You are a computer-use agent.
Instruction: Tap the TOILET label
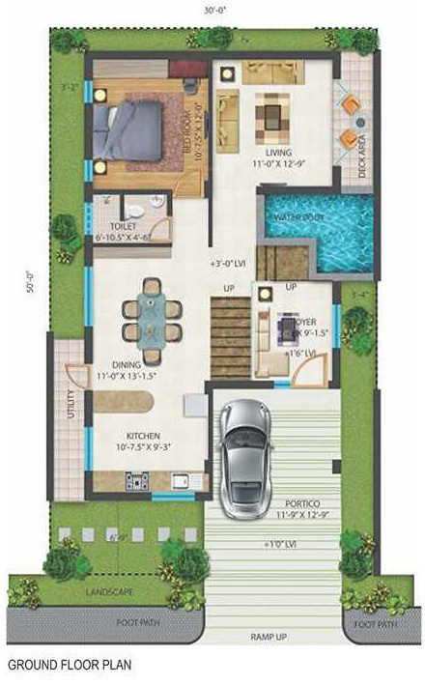122,225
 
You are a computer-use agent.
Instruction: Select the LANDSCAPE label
108,590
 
